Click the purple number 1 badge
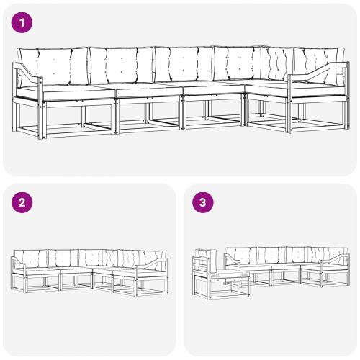[x=24, y=23]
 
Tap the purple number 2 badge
[x=24, y=203]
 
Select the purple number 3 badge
[x=204, y=203]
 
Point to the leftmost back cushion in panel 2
[x=30, y=257]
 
